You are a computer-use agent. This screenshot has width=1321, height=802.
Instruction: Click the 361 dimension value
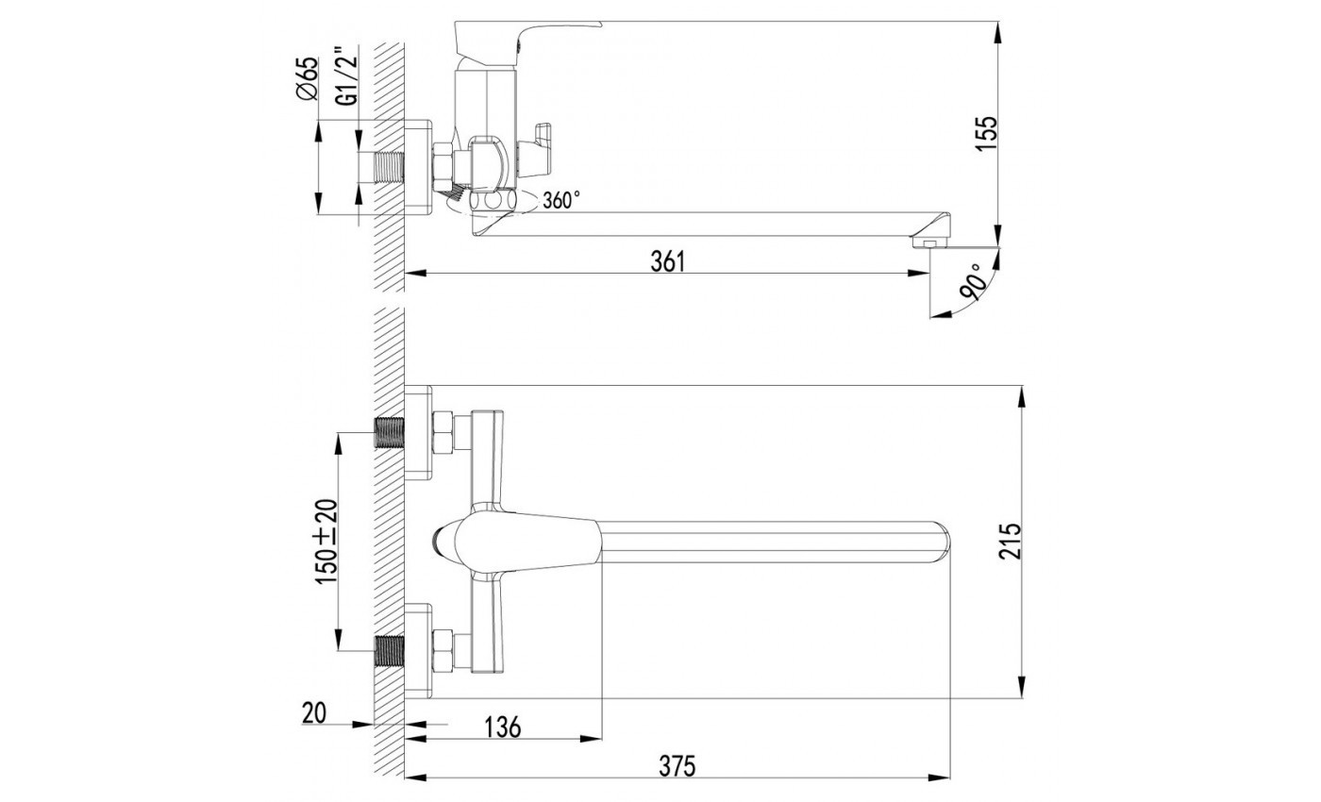[x=666, y=261]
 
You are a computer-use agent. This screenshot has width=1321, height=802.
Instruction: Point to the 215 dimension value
[x=1010, y=541]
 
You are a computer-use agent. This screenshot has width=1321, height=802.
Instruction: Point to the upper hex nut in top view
[x=442, y=432]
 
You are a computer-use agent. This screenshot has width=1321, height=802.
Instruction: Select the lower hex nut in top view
[x=442, y=650]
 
